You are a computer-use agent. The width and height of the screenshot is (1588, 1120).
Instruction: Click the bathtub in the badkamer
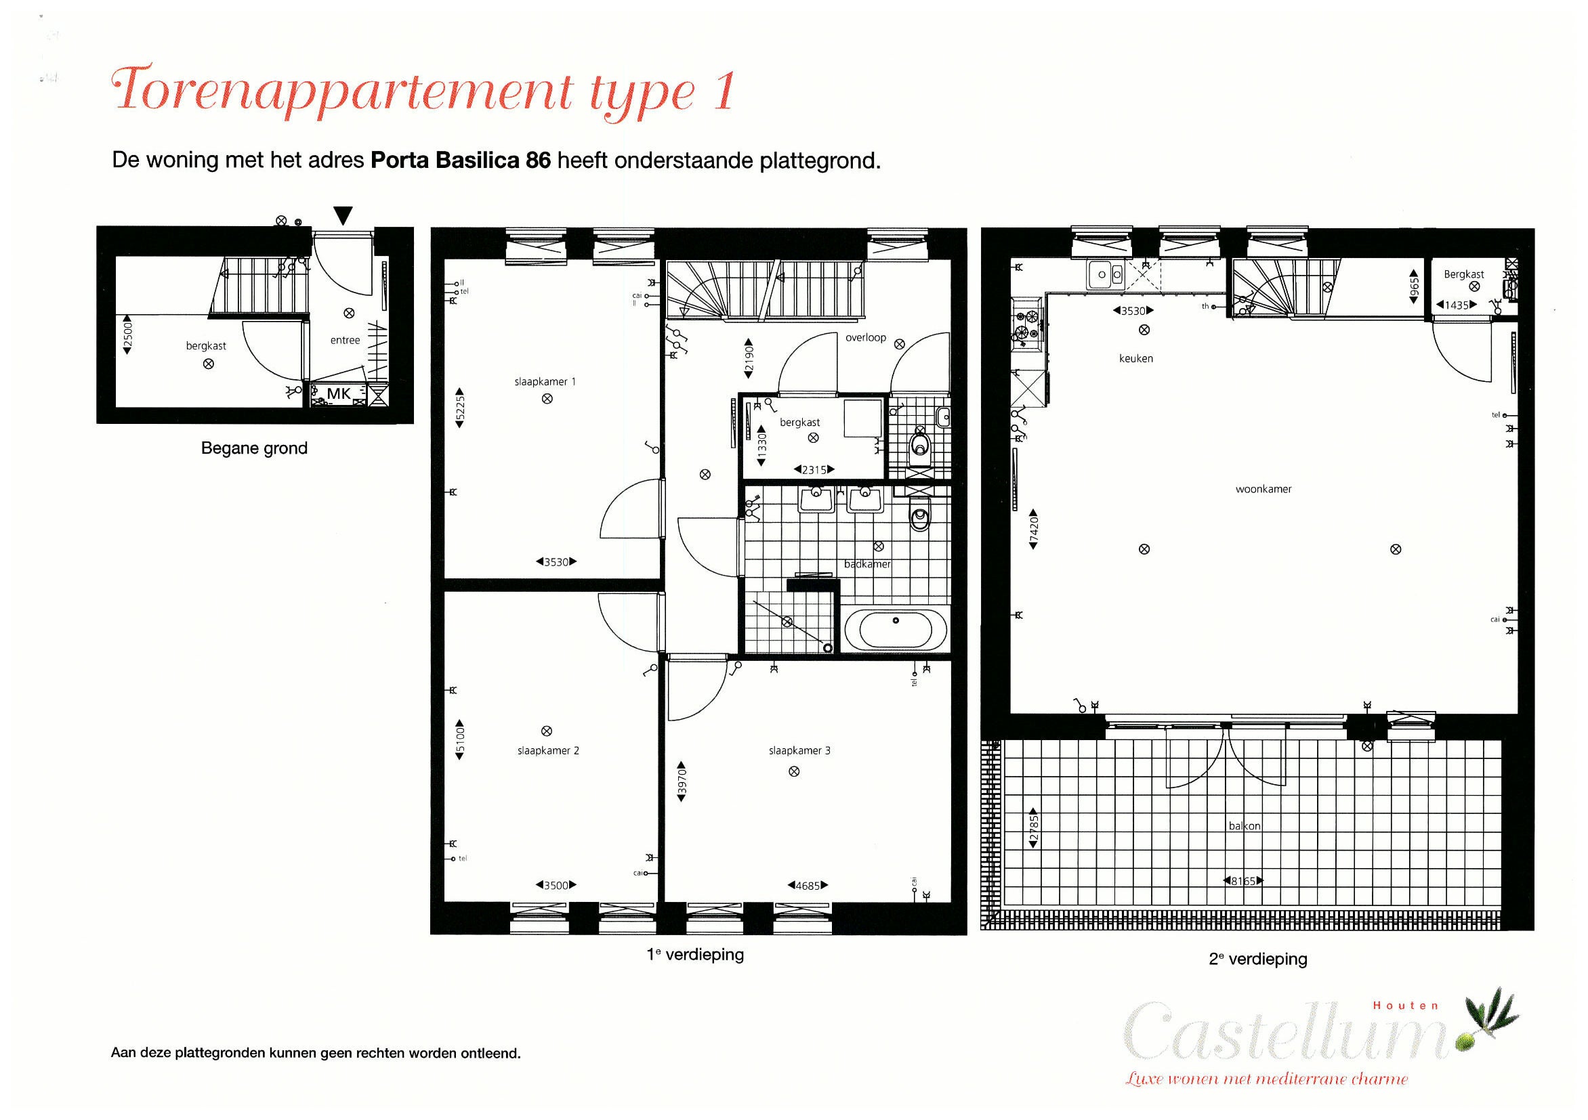tap(896, 629)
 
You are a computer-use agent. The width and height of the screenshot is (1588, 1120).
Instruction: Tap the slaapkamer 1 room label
tap(545, 382)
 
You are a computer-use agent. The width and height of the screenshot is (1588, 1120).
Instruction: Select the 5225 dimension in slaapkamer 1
tap(460, 407)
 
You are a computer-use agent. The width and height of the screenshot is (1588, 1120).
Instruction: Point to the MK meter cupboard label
tap(339, 394)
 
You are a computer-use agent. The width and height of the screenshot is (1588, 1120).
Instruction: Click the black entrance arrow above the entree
tap(343, 215)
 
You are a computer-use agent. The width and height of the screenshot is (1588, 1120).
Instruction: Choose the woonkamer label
tap(1263, 490)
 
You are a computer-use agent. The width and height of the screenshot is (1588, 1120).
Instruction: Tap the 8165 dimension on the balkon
tap(1243, 881)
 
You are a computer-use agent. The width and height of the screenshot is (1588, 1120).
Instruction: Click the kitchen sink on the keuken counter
tap(1105, 274)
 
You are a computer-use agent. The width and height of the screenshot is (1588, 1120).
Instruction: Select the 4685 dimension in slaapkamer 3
tap(808, 886)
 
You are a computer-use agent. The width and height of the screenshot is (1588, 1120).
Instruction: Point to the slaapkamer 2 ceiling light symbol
tap(547, 731)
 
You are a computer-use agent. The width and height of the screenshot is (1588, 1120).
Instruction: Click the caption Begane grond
tap(254, 448)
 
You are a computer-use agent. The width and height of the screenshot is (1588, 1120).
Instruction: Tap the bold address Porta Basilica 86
tap(461, 160)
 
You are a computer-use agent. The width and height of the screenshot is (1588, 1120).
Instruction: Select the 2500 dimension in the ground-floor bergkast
tap(127, 335)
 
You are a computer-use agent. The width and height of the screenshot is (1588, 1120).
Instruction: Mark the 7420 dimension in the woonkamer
tap(1033, 530)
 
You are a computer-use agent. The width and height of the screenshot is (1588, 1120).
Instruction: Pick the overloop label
tap(865, 337)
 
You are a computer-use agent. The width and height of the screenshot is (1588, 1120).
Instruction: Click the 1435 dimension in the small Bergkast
tap(1457, 305)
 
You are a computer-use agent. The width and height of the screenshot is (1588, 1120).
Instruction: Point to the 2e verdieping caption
tap(1257, 959)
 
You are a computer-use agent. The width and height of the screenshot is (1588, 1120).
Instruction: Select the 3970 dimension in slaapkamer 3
tap(682, 782)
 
